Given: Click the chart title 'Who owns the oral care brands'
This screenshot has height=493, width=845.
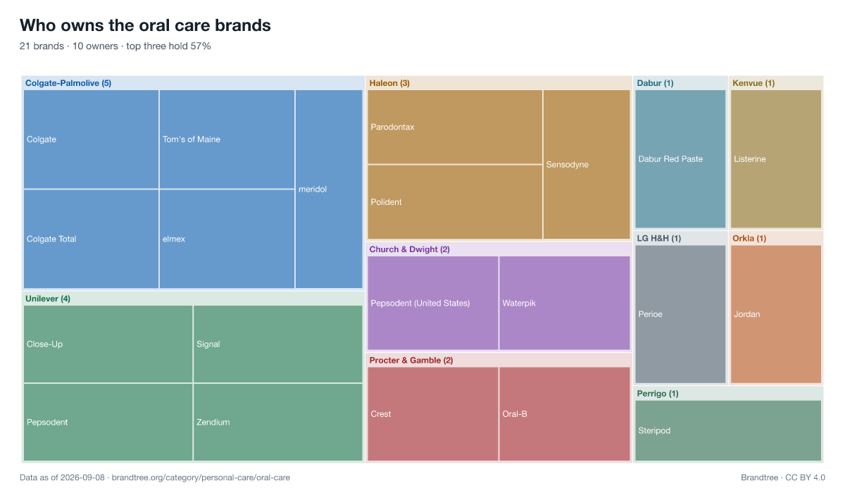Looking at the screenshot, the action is coord(145,25).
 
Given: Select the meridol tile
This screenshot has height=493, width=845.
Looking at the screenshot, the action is coord(329,189).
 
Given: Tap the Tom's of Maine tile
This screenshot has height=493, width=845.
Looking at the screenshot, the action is coord(227,139).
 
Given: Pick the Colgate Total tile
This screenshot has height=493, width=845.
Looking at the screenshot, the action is coord(92,239).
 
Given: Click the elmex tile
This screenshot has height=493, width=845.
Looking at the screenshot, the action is coord(227,239).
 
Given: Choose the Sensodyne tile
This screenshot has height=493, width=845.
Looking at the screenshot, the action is coord(587,165).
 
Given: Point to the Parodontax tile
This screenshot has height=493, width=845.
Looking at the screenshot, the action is coord(455,127).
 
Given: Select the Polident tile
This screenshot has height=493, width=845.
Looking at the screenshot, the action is coord(455,202).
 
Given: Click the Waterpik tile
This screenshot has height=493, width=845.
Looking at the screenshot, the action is coord(565,303).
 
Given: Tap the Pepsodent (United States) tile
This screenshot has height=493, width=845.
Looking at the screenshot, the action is coord(433,303).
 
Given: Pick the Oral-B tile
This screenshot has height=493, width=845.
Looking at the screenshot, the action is coord(565,414).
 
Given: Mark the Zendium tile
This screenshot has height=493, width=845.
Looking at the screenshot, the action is coord(278,422).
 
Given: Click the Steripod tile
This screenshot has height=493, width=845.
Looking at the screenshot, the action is coord(728,430).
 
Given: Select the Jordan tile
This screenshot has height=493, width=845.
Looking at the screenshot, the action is coord(776,314).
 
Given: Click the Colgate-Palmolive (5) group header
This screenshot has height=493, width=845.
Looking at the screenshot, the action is coord(68,83).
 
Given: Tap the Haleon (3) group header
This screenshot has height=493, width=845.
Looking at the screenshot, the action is coord(389,83).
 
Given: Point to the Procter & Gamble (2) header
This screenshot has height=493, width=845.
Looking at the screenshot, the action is coord(411,360).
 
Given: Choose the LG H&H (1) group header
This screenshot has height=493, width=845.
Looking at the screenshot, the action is coord(659,238).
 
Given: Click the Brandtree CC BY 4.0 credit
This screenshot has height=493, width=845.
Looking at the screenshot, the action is coord(783,478).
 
